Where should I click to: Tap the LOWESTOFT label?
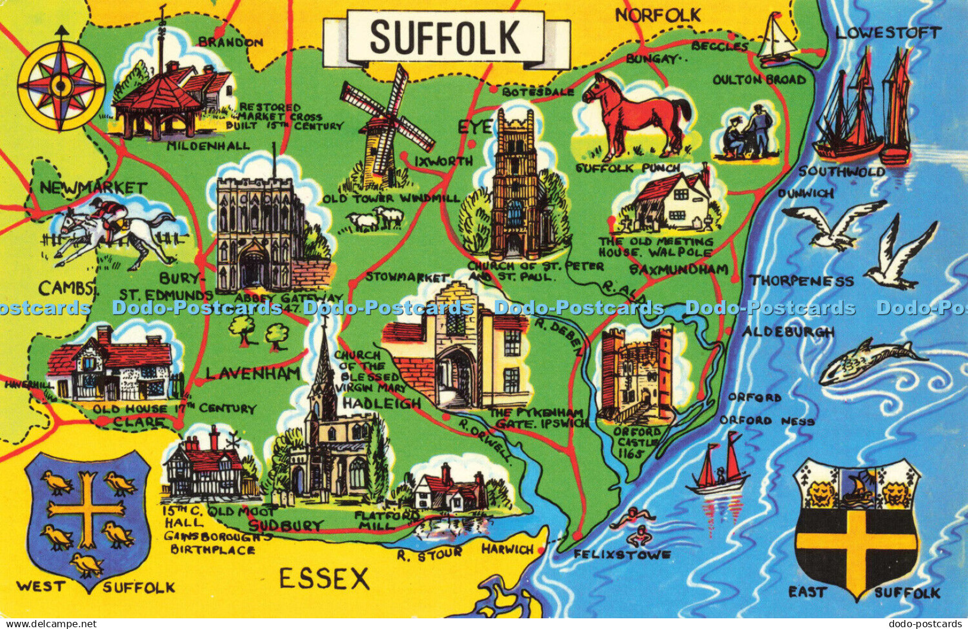(x=888, y=33)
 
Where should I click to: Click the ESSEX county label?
(x=325, y=578)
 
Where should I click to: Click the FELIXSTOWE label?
(x=622, y=555)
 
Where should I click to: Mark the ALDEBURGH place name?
(x=788, y=332)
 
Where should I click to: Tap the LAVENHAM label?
(x=253, y=373)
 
